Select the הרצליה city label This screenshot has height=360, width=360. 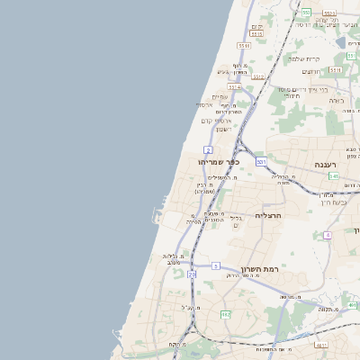269,215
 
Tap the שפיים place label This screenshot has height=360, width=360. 220,97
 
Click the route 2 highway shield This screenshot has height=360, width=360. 209,148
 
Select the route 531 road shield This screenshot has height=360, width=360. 261,161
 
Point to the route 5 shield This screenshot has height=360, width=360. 216,265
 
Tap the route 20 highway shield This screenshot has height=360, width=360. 192,274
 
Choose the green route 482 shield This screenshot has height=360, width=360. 225,313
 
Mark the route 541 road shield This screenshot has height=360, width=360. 334,176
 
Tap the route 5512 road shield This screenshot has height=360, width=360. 259,77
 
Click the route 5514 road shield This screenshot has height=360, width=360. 236,88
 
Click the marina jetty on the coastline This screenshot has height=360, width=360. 158,216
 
